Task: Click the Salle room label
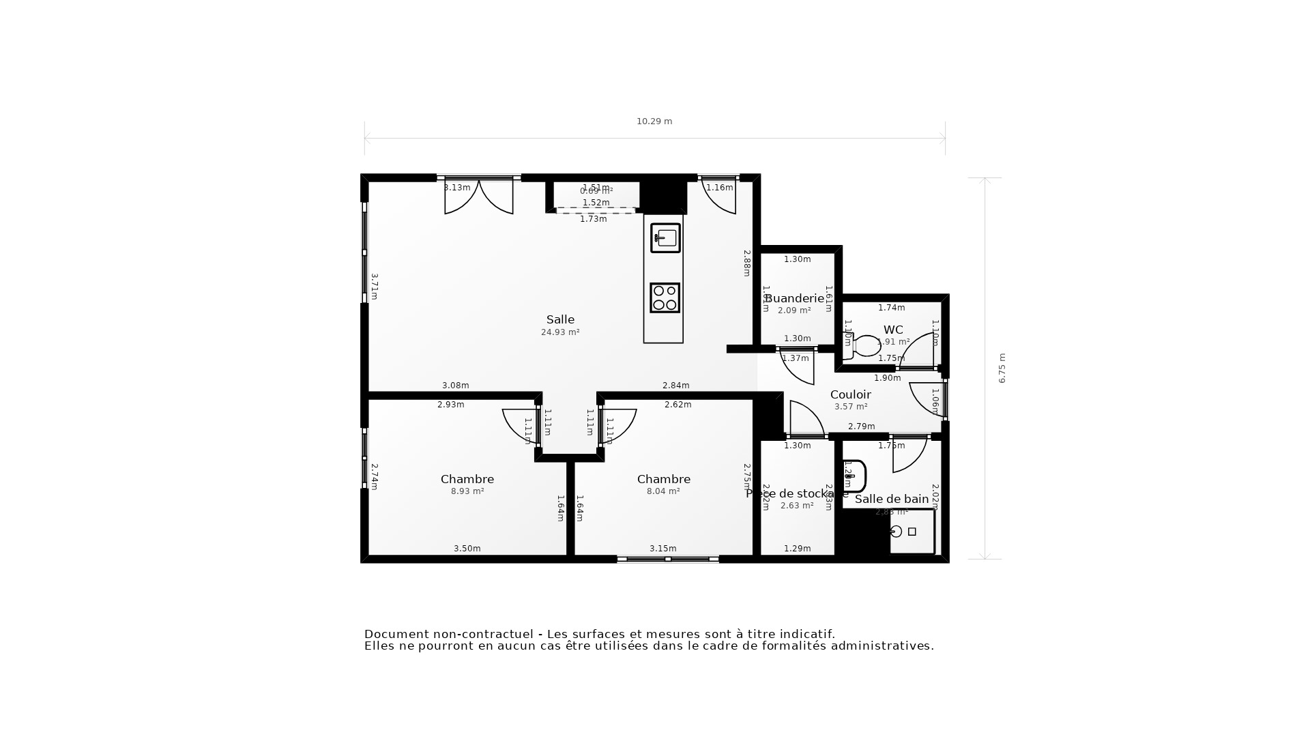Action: [x=560, y=319]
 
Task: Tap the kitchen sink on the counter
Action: [x=665, y=238]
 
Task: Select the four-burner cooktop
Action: [x=665, y=298]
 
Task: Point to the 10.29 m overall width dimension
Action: [x=654, y=121]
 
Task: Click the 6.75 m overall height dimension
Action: [x=1002, y=368]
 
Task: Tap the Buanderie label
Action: [x=795, y=298]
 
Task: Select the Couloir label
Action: [x=850, y=394]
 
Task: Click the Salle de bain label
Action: [x=892, y=499]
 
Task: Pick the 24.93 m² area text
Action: [x=560, y=332]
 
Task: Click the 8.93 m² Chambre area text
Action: [x=467, y=491]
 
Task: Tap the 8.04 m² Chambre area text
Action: [x=663, y=491]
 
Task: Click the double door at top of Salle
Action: [x=479, y=197]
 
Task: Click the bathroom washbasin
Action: [x=854, y=476]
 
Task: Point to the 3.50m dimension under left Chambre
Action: [x=467, y=549]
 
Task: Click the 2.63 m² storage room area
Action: [x=797, y=506]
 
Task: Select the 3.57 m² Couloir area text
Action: [x=851, y=407]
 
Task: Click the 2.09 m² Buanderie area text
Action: [x=794, y=310]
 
